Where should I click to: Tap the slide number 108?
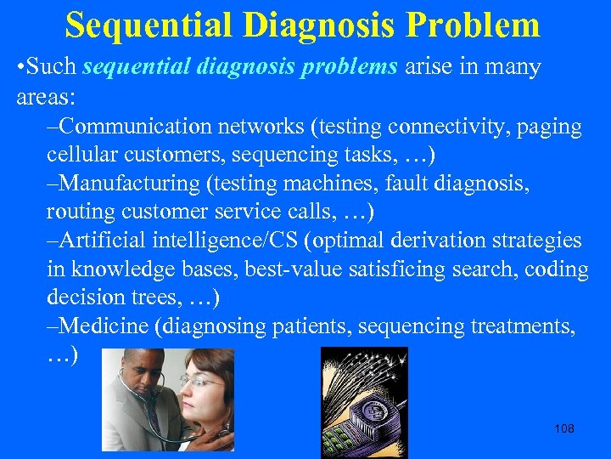tap(563, 428)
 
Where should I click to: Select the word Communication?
tap(136, 127)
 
